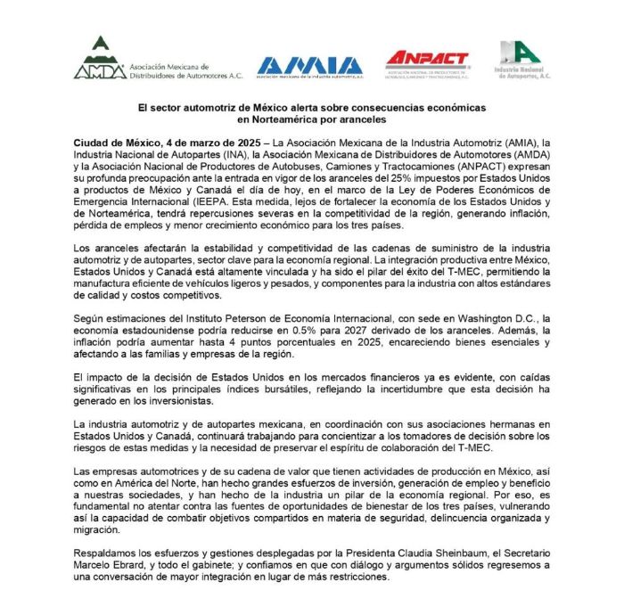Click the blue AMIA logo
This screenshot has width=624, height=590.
click(309, 65)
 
